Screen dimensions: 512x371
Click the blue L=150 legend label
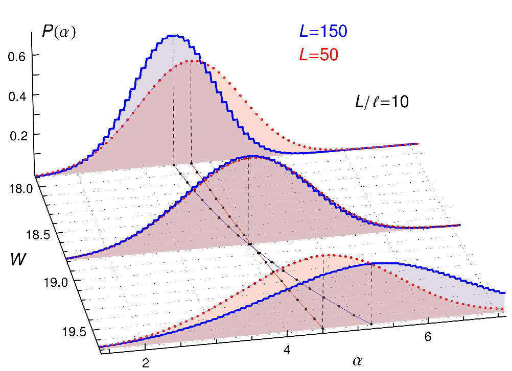click(323, 31)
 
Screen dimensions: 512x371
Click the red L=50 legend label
click(319, 55)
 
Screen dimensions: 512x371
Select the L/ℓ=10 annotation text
click(382, 102)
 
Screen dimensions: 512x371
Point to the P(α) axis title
click(59, 32)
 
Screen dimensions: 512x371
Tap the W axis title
click(18, 260)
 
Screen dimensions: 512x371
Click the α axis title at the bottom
click(358, 361)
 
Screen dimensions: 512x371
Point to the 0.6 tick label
click(17, 57)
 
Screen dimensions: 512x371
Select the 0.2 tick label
click(18, 136)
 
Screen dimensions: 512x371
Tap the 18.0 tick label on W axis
click(21, 188)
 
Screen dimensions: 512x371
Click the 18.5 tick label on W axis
click(38, 235)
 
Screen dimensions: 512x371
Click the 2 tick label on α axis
click(146, 363)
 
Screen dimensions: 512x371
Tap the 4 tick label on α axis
click(287, 350)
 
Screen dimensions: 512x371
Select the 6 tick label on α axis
click(428, 336)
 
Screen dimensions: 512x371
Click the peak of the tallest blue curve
click(173, 35)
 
